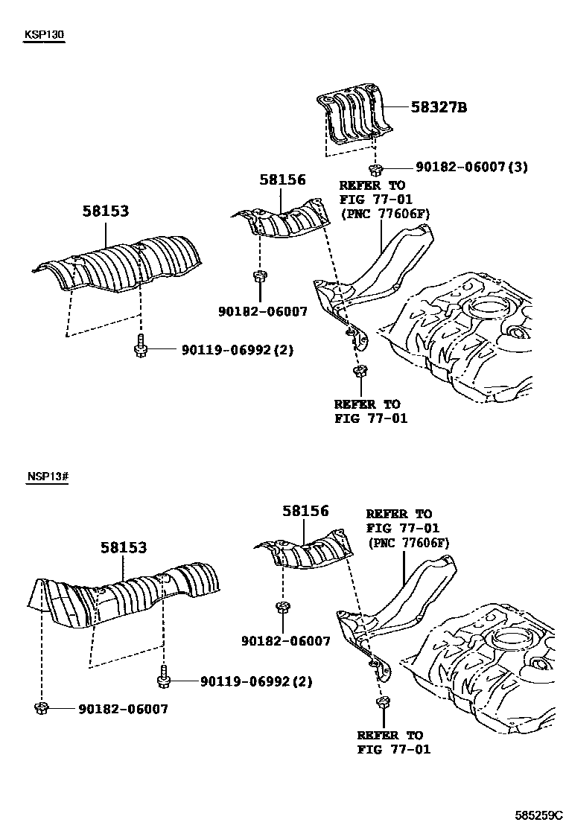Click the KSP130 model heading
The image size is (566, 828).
(44, 35)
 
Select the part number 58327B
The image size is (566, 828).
(439, 107)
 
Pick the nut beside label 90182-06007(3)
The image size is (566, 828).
(376, 168)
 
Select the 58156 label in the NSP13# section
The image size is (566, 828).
(305, 512)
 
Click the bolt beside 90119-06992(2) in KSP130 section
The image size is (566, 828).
(141, 347)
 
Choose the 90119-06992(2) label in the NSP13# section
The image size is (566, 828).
(255, 681)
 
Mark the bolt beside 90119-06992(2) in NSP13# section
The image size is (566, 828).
(163, 679)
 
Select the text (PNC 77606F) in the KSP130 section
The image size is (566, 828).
(384, 214)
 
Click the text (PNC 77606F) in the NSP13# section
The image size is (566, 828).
(408, 543)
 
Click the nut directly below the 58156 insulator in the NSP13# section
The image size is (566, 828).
(284, 608)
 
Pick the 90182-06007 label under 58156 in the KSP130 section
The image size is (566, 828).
(263, 312)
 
